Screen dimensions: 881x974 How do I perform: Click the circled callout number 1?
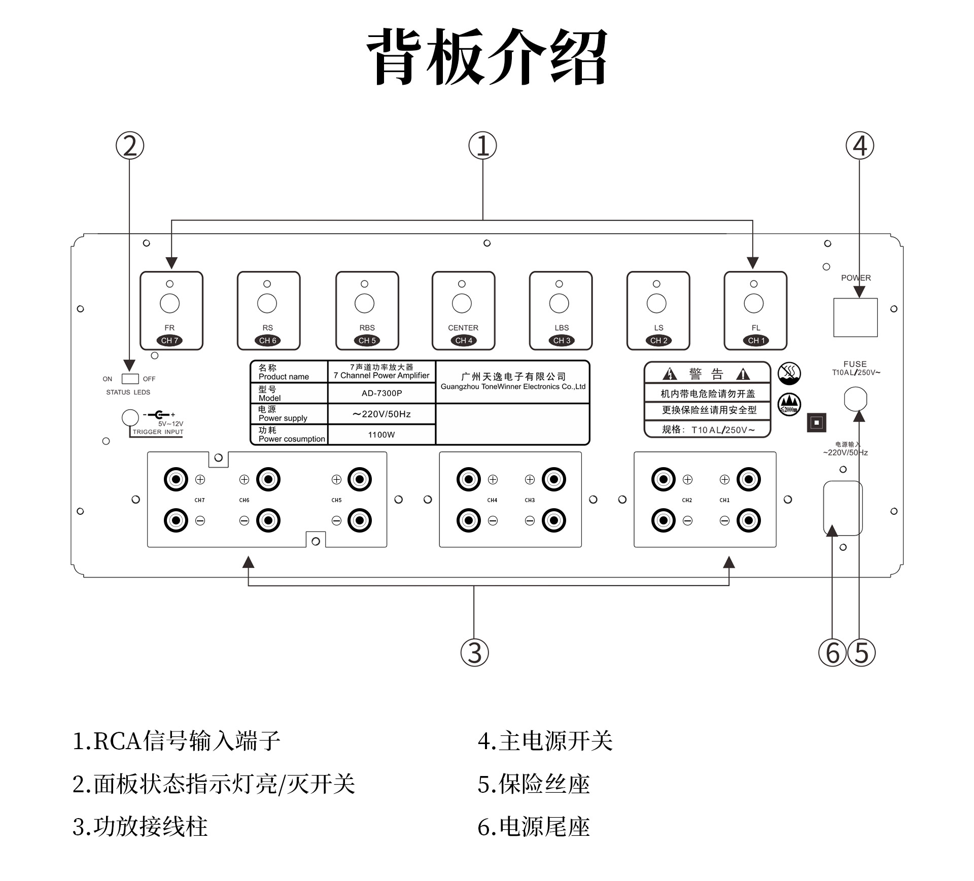(482, 146)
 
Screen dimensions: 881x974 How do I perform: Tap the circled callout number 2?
(130, 146)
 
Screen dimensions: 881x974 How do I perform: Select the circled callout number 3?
(474, 652)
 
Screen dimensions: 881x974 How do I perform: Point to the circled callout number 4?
(859, 146)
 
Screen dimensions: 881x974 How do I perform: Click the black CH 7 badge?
(169, 340)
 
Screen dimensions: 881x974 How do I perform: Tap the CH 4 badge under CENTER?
(464, 340)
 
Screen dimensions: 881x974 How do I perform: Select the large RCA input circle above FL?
(753, 303)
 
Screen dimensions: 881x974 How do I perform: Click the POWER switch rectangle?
(855, 317)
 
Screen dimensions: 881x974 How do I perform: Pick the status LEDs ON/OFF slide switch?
(130, 379)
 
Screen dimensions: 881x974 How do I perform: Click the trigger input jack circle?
(130, 417)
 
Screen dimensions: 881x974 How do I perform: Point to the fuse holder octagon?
(855, 399)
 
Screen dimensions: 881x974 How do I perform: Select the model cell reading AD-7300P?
(381, 393)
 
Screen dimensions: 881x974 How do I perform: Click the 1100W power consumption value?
(381, 435)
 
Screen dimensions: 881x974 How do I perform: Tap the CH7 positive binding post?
(176, 479)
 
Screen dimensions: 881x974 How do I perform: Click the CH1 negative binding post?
(749, 520)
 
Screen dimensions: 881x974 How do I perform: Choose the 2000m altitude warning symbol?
(789, 404)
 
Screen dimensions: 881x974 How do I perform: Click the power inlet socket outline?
(843, 508)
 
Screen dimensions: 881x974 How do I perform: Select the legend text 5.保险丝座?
(534, 784)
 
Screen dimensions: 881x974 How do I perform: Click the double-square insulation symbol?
(816, 422)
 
